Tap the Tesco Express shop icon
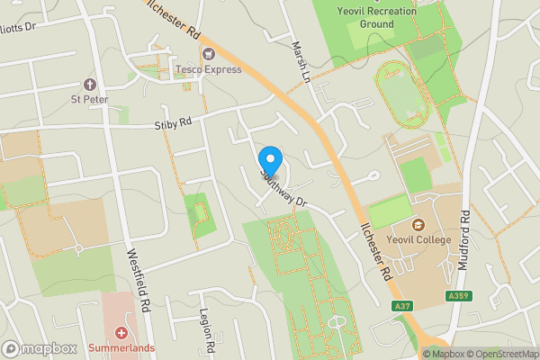coord(209,55)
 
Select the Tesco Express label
coord(209,69)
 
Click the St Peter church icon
coord(88,84)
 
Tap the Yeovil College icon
coord(418,224)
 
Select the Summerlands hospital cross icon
coord(121,332)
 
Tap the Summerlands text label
coord(121,347)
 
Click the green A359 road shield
coord(457,295)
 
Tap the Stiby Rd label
coord(173,121)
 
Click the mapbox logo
coord(39,348)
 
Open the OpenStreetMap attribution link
coord(500,354)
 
